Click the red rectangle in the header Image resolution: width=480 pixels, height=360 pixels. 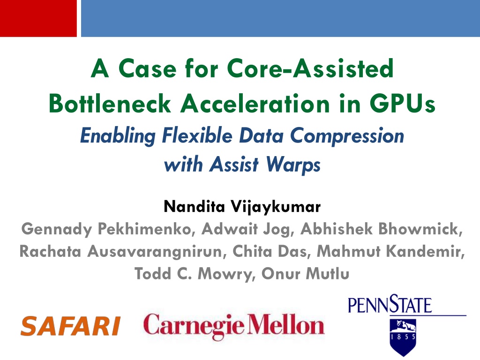click(38, 18)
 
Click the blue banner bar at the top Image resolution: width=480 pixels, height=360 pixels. click(280, 18)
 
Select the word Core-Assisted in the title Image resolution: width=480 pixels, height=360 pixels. click(310, 68)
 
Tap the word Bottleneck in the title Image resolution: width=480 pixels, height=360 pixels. click(110, 103)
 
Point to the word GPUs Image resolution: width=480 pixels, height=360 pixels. click(402, 103)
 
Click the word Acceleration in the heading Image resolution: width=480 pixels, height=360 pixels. click(255, 103)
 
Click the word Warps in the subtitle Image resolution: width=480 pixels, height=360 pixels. click(293, 165)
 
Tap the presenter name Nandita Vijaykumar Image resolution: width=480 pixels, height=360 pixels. click(242, 207)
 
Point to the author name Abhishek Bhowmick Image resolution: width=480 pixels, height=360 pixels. click(382, 229)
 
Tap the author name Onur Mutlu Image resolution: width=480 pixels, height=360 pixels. click(305, 273)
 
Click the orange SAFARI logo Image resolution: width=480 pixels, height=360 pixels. click(70, 326)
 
